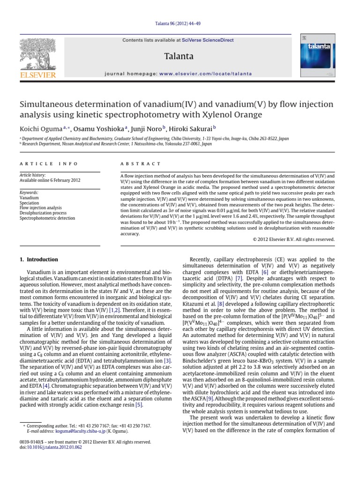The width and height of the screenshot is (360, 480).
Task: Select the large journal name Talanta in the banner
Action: [x=179, y=56]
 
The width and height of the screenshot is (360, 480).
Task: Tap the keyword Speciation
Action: [x=30, y=203]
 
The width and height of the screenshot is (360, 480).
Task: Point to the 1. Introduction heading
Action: [x=39, y=259]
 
